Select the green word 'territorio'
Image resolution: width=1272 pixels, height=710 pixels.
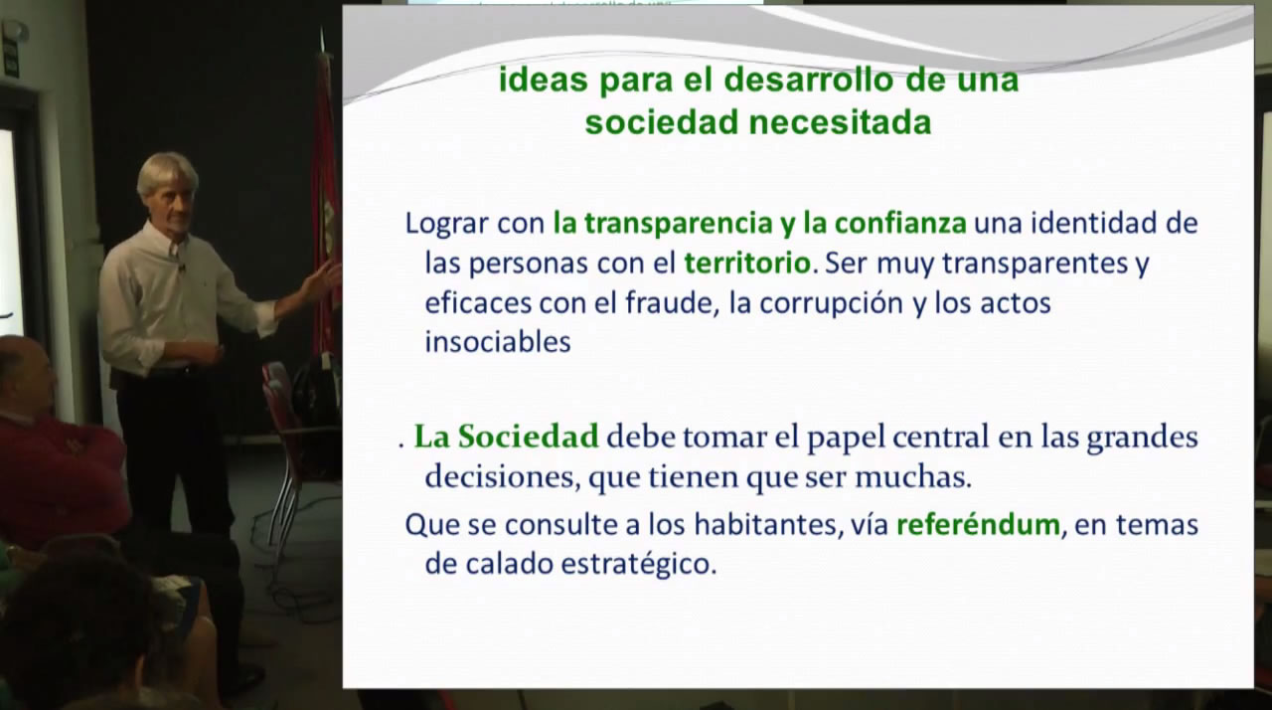point(747,263)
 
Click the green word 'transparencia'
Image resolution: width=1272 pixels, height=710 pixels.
point(678,223)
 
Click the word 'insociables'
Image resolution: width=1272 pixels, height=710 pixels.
point(498,342)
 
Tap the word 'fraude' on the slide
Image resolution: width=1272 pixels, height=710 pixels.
point(669,303)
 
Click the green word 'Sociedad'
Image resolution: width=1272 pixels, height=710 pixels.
point(528,437)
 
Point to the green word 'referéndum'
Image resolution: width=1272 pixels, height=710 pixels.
point(978,524)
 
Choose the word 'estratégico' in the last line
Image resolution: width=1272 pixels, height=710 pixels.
point(639,565)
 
